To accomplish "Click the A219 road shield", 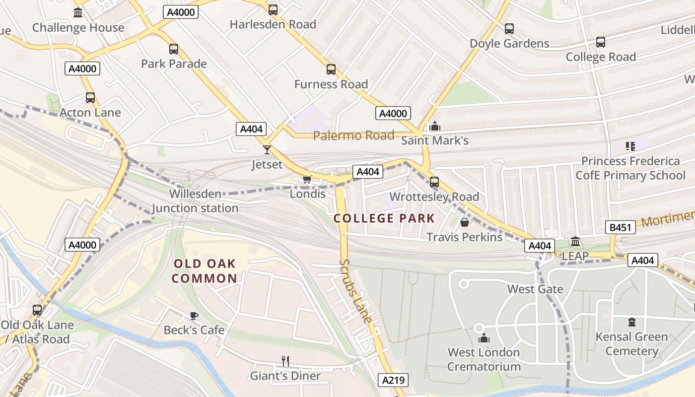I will coord(394,380).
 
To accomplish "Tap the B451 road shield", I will coord(621,228).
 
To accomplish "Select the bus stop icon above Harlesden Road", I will coord(273,9).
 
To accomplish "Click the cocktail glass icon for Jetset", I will coord(267,149).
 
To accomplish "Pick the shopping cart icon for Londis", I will coord(307,179).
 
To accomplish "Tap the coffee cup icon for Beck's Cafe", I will coord(194,316).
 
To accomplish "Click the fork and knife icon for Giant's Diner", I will coord(285,361).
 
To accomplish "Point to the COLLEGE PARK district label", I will coord(384,218).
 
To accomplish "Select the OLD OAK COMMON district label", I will coord(205,271).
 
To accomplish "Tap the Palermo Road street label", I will coord(353,135).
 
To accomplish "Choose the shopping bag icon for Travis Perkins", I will coord(465,222).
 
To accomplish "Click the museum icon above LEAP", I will coord(575,242).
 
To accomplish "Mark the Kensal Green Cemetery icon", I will coord(631,322).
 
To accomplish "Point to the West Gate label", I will coord(535,289).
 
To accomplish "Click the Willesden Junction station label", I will coord(195,201).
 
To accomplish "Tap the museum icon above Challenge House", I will coord(78,13).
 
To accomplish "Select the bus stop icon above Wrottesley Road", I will coord(434,182).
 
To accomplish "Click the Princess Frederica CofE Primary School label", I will coord(630,168).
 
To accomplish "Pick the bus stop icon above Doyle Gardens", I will coord(509,29).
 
